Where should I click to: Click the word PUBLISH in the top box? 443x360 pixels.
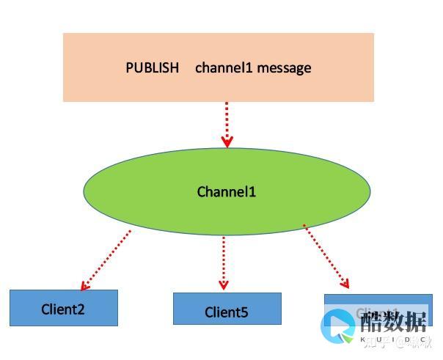click(x=153, y=68)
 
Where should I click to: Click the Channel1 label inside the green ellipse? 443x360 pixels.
click(x=227, y=192)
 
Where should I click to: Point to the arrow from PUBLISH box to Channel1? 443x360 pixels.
click(x=227, y=125)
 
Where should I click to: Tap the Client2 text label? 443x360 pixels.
click(x=63, y=309)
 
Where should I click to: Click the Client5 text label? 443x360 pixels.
click(x=227, y=312)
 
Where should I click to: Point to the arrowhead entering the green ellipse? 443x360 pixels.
click(x=227, y=142)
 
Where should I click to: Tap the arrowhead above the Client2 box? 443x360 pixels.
click(x=85, y=284)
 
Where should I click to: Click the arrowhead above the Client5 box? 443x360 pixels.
click(x=224, y=284)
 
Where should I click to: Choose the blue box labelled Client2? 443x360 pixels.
click(x=64, y=308)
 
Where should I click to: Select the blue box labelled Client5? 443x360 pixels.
click(x=227, y=309)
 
